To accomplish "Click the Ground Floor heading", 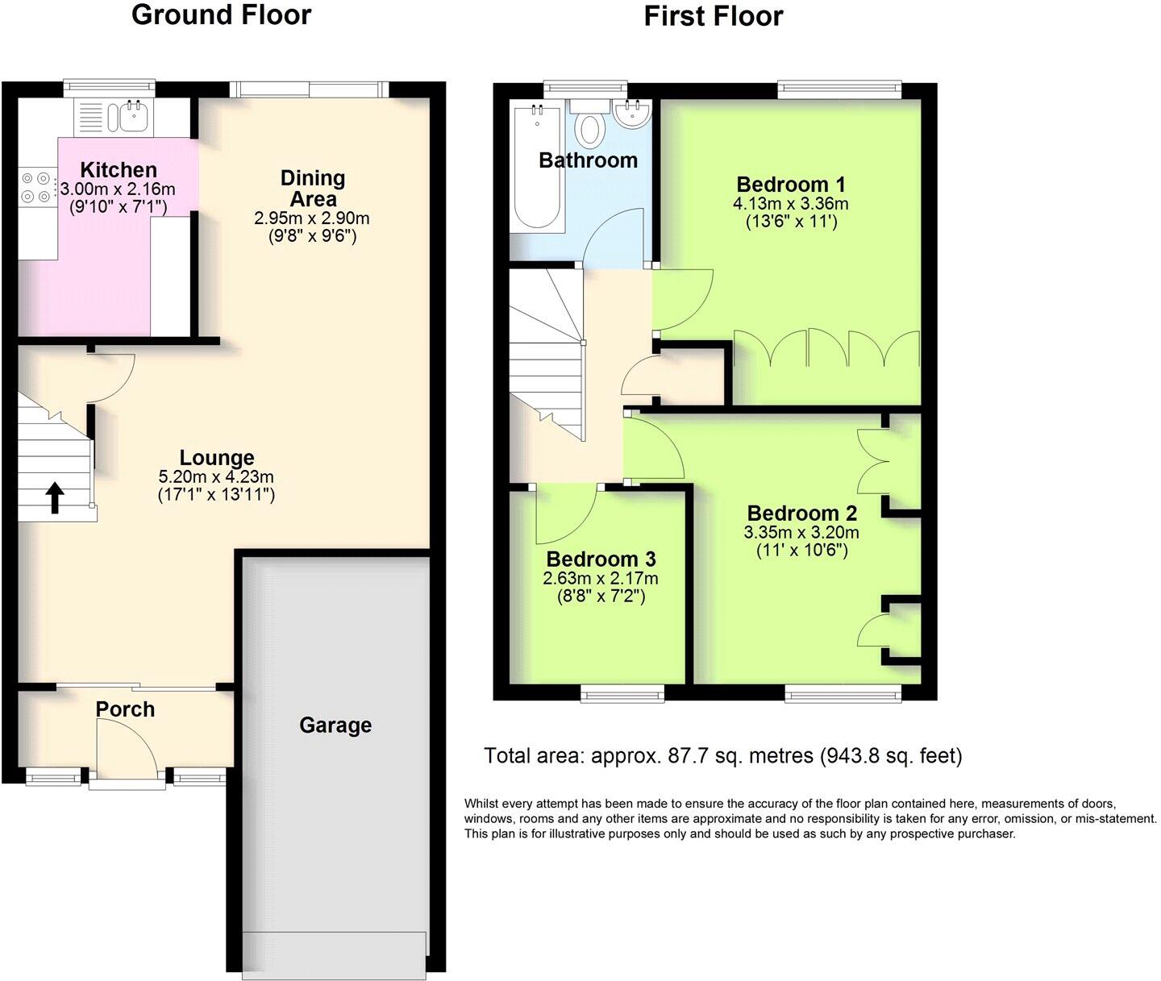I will click(221, 15).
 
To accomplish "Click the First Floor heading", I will click(713, 16).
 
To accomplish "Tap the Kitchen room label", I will click(119, 170).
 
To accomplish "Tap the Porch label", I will click(125, 709).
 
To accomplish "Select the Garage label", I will click(335, 725).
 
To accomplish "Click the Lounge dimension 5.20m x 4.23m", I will click(217, 477).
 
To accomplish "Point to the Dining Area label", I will click(313, 188).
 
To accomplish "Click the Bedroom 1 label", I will click(790, 184).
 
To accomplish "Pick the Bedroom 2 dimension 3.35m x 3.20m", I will click(801, 533).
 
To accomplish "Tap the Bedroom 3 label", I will click(601, 559).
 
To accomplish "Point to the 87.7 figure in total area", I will click(685, 756).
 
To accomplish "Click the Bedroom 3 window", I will click(622, 691).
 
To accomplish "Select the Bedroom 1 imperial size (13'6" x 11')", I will click(791, 220).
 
